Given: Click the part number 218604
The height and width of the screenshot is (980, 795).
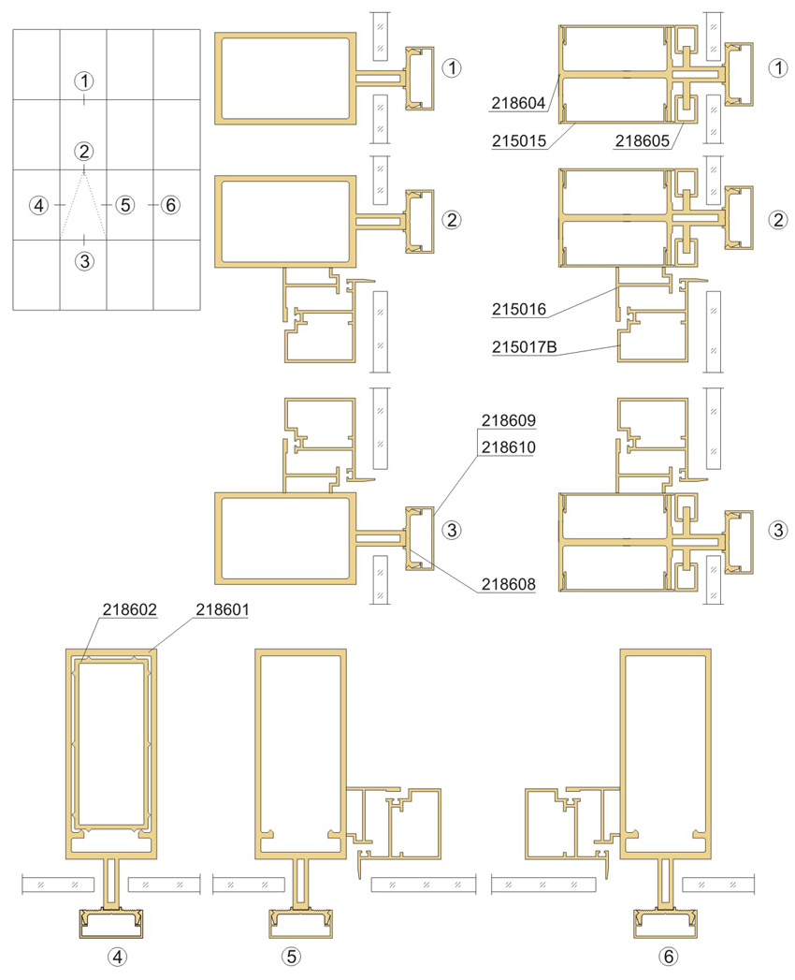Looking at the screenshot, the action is point(518,103).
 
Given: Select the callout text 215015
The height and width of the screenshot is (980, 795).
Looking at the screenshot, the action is point(518,140).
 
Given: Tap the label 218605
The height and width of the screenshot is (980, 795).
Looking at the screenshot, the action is point(642,140).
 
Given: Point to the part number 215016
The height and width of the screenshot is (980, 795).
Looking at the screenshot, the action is point(518,309).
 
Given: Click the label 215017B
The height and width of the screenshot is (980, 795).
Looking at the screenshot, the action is point(524,346).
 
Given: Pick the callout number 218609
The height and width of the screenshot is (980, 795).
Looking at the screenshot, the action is point(509,420).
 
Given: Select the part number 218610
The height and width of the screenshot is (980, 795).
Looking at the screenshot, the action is point(509,446).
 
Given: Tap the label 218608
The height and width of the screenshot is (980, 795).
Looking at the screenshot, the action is point(509,584).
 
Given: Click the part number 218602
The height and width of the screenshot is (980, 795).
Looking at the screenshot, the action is point(129,608).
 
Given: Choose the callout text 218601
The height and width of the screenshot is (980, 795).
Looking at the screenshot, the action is point(223,608).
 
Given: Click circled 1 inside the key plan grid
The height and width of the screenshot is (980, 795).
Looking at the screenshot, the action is point(83,80).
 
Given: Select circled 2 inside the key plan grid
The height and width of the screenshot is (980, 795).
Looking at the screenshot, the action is point(83,151).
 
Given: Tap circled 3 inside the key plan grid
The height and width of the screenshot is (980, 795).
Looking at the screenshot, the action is point(84,260).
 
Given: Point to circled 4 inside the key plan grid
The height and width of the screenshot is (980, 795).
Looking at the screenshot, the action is point(38,204).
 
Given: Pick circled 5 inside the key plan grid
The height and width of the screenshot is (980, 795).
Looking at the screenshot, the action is point(125,204).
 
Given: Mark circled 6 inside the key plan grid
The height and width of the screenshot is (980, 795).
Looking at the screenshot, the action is point(170,204).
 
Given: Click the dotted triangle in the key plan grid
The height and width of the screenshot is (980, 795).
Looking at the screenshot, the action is point(73,204).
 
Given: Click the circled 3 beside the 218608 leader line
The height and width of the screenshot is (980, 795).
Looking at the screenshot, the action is point(452,531).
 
